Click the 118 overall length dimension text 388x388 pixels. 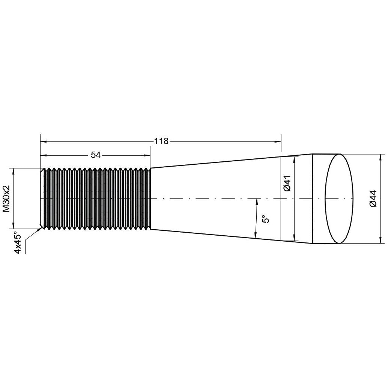[161, 141]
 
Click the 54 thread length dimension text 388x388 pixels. [96, 155]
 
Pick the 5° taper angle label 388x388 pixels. [266, 219]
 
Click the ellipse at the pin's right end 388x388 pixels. [339, 199]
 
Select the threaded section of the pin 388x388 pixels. [97, 198]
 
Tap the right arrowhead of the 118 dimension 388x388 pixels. [278, 141]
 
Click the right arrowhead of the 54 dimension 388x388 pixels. [147, 155]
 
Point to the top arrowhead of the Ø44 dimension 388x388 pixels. [382, 157]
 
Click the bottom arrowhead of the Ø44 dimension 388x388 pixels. [382, 240]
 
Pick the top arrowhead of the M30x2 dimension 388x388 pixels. [14, 171]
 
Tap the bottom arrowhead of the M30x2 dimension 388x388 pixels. [14, 225]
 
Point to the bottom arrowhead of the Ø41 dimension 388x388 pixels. [295, 238]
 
